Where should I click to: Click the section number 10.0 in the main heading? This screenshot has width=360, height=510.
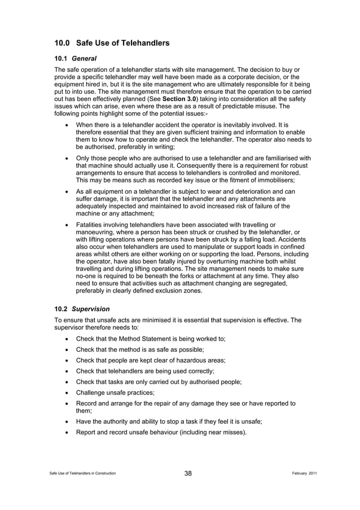(62, 43)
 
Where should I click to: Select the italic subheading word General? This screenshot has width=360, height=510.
(84, 58)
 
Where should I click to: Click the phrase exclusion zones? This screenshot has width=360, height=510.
(175, 291)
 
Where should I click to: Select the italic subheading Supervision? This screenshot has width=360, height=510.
(90, 310)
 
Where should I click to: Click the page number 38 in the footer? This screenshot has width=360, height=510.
(188, 473)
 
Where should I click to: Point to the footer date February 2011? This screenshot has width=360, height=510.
(301, 473)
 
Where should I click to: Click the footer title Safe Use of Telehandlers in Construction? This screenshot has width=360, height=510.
(82, 473)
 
